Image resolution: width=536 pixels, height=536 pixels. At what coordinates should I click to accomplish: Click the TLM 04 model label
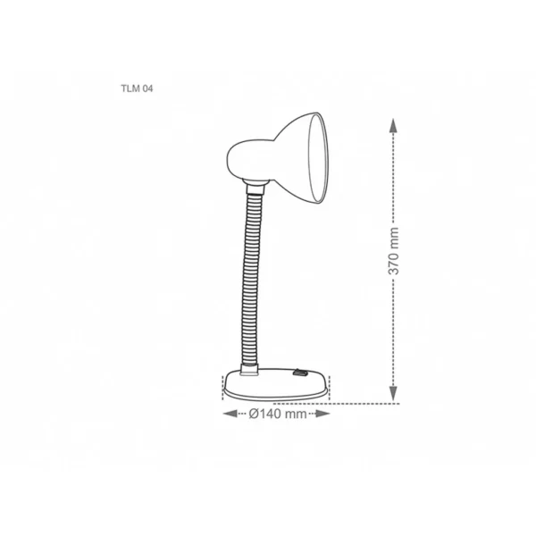(137, 88)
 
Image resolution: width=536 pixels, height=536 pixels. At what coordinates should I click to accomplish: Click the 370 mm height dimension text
(394, 251)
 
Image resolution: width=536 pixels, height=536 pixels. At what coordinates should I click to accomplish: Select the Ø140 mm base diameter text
(278, 414)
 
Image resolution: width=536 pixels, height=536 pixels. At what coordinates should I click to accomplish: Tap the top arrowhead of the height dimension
(393, 125)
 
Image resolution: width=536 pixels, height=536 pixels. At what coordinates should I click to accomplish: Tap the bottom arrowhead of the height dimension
(393, 393)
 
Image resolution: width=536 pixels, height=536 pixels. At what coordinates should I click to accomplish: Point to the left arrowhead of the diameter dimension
(230, 414)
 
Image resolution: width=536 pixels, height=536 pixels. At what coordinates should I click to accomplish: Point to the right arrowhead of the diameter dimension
(322, 414)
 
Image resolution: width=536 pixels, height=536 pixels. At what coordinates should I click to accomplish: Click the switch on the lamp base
(299, 373)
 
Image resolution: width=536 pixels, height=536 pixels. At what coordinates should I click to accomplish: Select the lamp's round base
(276, 384)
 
